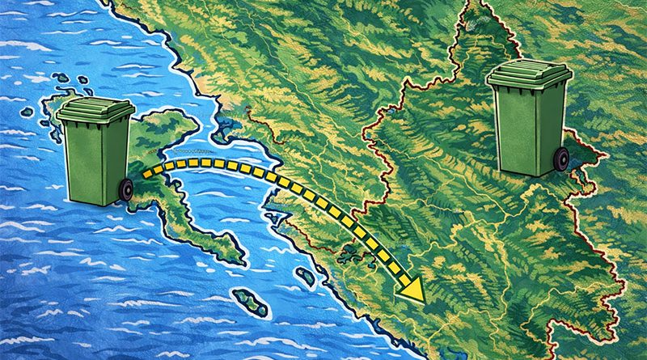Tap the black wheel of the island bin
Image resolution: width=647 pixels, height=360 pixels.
[x=125, y=190]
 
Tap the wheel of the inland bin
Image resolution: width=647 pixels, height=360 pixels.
[x=560, y=159]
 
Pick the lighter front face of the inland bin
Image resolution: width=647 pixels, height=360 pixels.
[x=517, y=129]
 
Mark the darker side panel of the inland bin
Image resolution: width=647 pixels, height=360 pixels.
[x=552, y=125]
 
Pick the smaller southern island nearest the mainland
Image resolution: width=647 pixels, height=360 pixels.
[x=305, y=277]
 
